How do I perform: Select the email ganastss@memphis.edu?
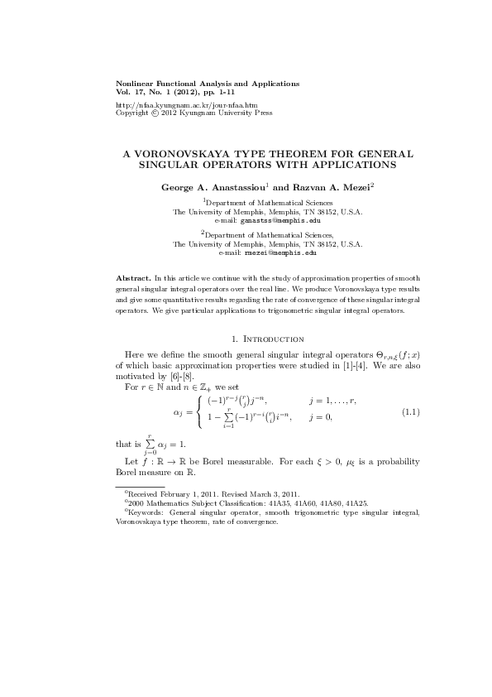click(279, 221)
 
